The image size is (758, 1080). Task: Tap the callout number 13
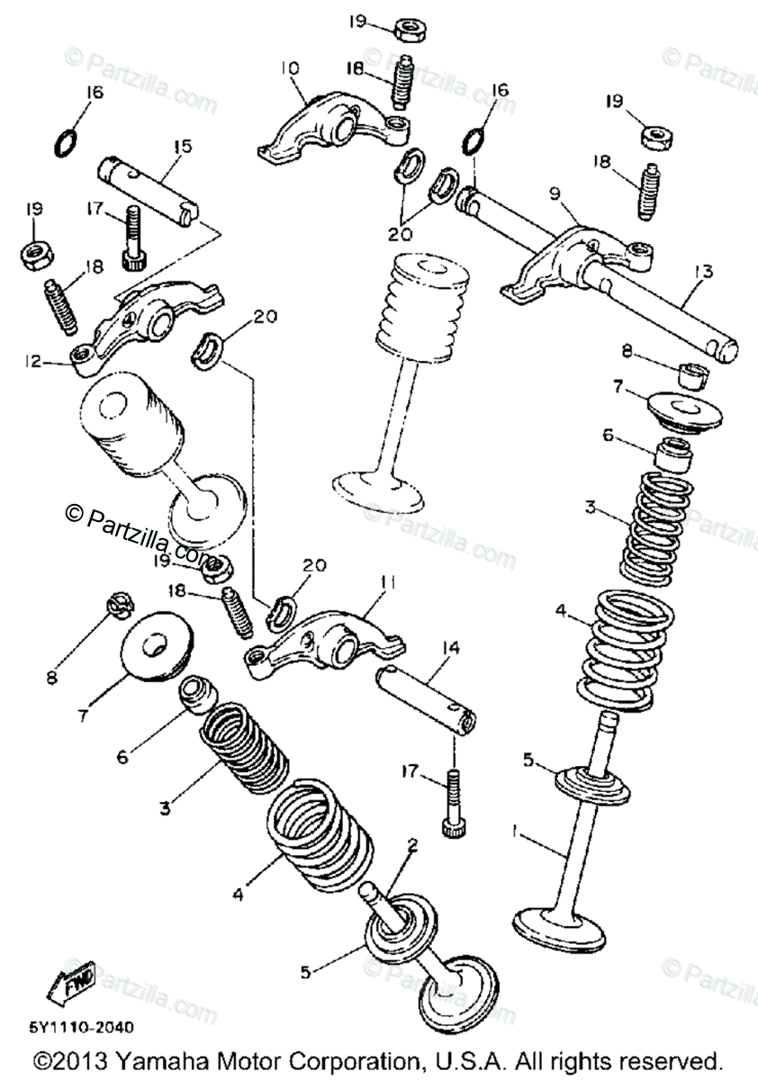(702, 271)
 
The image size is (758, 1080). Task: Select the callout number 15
(183, 143)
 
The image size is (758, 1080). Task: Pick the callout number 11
(387, 584)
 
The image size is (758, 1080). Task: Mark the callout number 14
(450, 647)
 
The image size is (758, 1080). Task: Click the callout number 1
(516, 834)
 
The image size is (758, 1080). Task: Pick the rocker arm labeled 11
(324, 634)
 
